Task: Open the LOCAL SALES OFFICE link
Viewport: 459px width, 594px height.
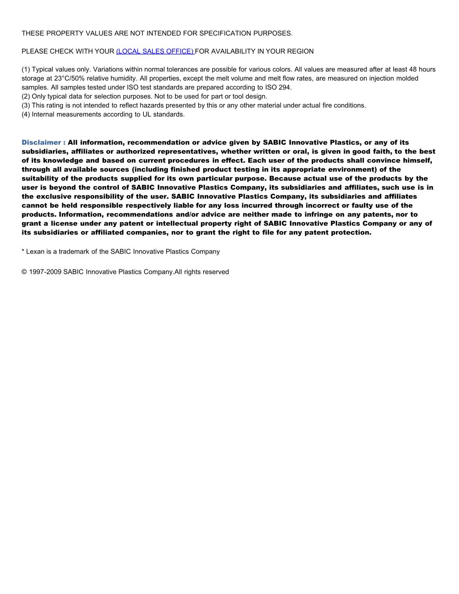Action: click(155, 52)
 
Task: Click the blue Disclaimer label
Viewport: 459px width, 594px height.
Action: click(43, 143)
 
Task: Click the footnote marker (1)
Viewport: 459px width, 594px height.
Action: click(26, 69)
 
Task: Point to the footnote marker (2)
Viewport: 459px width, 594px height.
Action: click(26, 97)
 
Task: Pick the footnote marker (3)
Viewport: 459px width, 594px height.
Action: click(26, 106)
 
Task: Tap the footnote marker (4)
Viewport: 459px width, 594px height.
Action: click(26, 115)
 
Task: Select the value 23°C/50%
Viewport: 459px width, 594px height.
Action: click(69, 78)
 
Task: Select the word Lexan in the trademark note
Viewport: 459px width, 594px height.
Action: click(35, 252)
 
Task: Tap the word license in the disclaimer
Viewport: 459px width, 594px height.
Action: click(64, 223)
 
